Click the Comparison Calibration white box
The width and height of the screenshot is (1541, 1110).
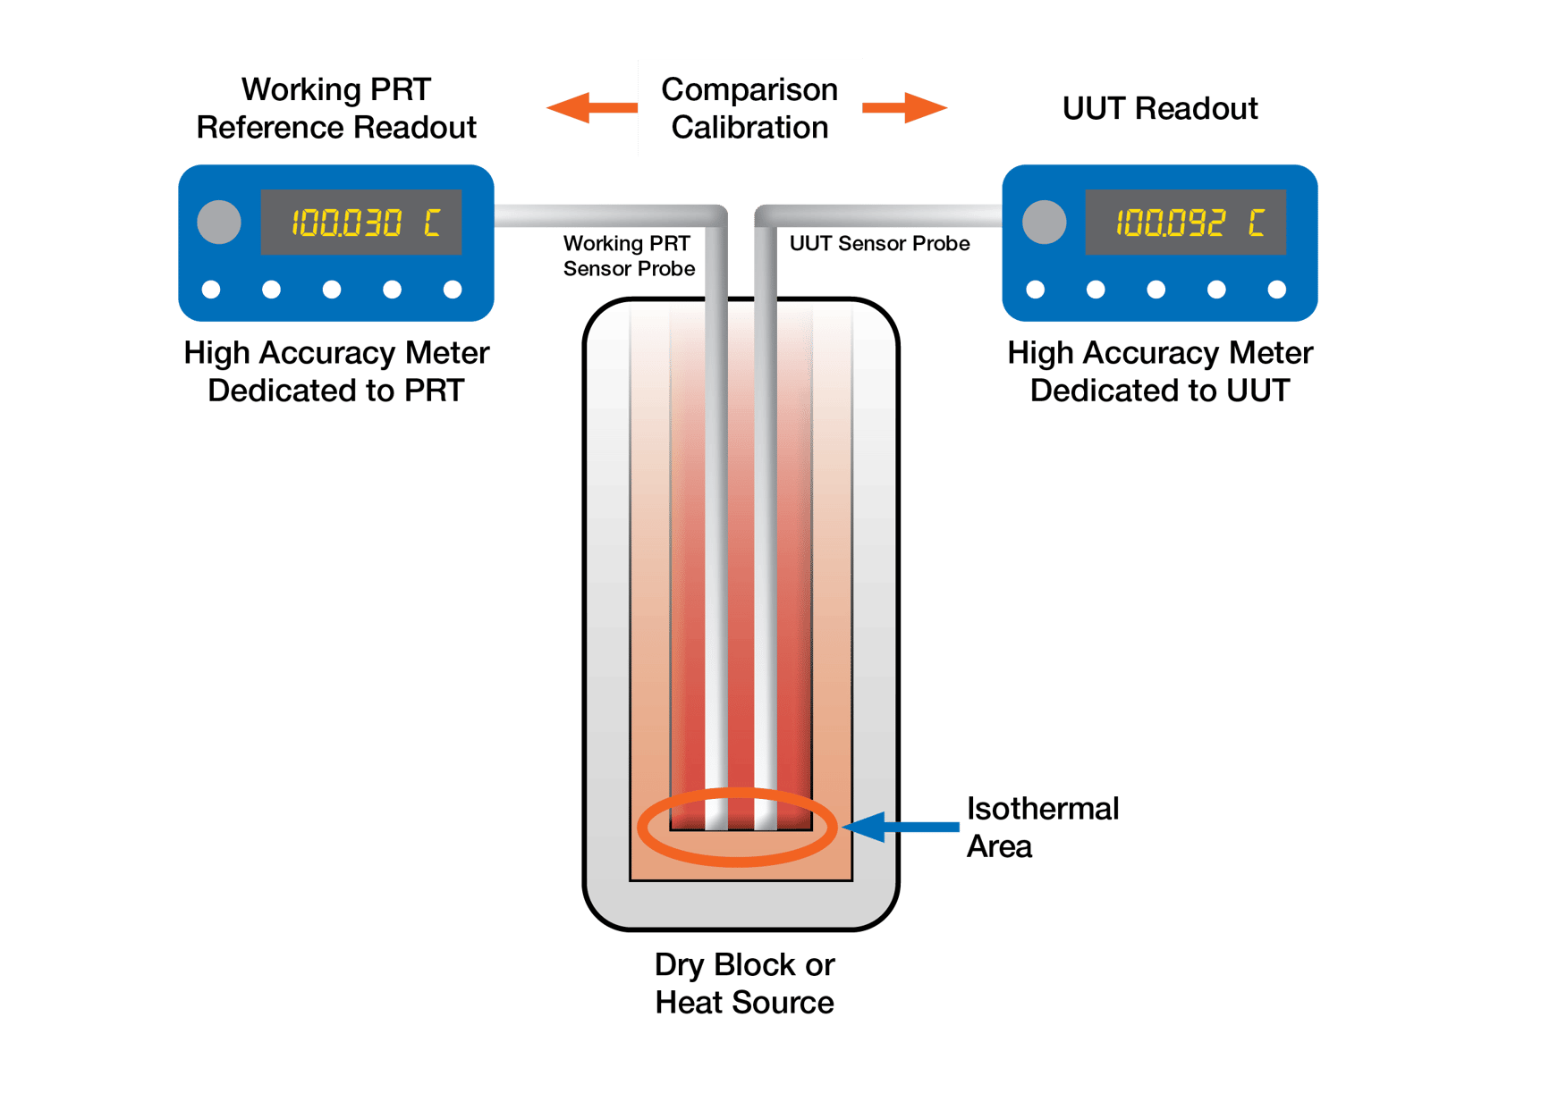(749, 108)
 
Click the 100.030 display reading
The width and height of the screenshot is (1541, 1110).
(346, 223)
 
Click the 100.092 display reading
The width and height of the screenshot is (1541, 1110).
(1170, 223)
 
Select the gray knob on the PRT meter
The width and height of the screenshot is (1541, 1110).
(219, 222)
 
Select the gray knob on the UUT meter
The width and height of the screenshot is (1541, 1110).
(1044, 222)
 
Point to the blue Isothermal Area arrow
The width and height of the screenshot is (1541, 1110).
(899, 827)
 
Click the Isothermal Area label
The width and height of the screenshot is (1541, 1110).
(1042, 827)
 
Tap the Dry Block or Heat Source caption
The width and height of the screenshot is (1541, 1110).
(744, 983)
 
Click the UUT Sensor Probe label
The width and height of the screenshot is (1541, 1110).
(879, 244)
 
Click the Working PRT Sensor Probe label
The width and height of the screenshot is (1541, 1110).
(628, 256)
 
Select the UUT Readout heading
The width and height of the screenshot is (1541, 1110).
(1159, 108)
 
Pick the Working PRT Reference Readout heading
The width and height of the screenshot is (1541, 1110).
(336, 108)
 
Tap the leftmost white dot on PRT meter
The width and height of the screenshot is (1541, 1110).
(211, 289)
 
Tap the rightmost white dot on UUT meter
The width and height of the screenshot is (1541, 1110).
(1277, 289)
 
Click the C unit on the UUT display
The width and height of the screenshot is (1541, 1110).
(1257, 223)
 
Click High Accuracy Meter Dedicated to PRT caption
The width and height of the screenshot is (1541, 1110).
(336, 371)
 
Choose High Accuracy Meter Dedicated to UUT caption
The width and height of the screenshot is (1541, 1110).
(1160, 371)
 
